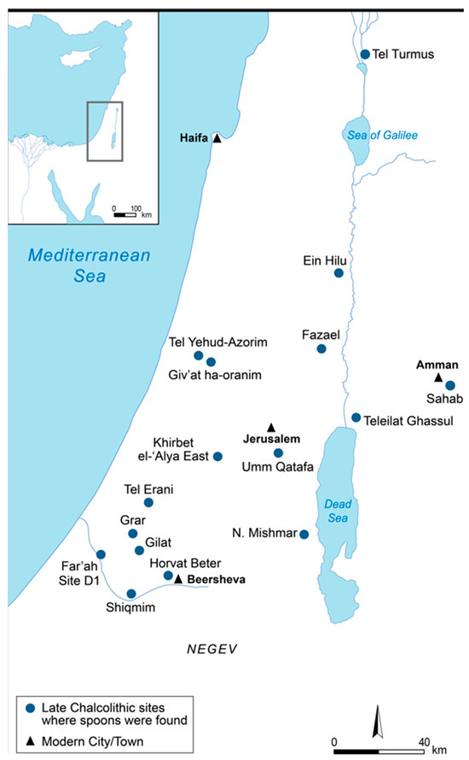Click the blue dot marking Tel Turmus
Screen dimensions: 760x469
point(365,55)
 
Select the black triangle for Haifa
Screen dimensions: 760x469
point(217,138)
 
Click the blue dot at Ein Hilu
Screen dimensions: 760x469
point(339,273)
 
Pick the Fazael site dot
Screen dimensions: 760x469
point(321,348)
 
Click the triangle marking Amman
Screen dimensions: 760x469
point(437,377)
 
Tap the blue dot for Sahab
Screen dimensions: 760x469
point(450,385)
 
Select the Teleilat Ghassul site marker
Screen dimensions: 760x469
point(356,418)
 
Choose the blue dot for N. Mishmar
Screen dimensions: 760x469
point(304,535)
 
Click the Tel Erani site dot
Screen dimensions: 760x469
point(148,503)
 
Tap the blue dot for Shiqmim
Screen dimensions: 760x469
point(130,593)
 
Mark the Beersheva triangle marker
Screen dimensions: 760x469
point(179,579)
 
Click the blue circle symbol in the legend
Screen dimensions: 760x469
point(31,708)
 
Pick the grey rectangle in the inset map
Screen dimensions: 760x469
point(105,131)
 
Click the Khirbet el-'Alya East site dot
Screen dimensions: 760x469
point(217,457)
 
